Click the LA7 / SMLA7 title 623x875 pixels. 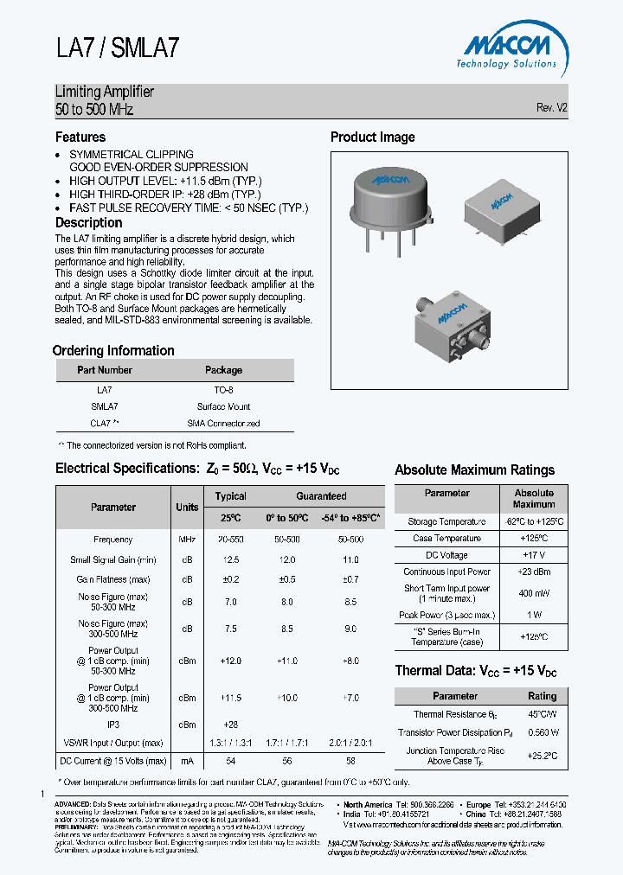pos(118,48)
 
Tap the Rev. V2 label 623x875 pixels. pos(551,108)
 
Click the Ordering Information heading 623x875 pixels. pos(113,350)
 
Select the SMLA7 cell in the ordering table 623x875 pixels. pos(104,406)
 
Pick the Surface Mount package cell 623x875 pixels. pos(223,406)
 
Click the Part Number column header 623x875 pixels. pos(104,370)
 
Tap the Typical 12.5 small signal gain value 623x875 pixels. pos(229,560)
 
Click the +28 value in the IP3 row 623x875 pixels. pos(229,725)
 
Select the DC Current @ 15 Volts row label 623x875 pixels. pos(112,761)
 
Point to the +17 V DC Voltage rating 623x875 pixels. pos(533,555)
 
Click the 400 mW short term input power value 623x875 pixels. pos(533,593)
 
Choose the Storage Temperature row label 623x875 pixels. pos(446,522)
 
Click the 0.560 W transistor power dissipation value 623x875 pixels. pos(542,732)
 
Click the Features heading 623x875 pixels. pos(80,137)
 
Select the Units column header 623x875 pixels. pos(187,508)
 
